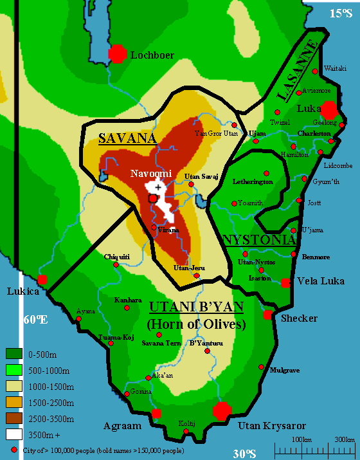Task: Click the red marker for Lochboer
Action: click(x=117, y=54)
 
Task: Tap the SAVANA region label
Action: click(x=127, y=138)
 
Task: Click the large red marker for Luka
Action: click(x=328, y=109)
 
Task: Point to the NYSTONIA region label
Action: click(x=259, y=240)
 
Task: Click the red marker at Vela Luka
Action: click(x=285, y=282)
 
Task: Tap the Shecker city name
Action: click(x=300, y=318)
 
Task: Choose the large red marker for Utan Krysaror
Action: click(x=222, y=410)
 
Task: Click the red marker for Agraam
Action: click(x=156, y=413)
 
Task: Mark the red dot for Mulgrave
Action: click(x=261, y=367)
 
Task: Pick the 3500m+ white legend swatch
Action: click(x=14, y=434)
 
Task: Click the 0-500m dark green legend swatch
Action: click(x=14, y=353)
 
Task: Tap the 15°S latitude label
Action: click(x=341, y=14)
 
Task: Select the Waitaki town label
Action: click(x=335, y=68)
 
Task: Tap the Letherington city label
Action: click(x=253, y=182)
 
